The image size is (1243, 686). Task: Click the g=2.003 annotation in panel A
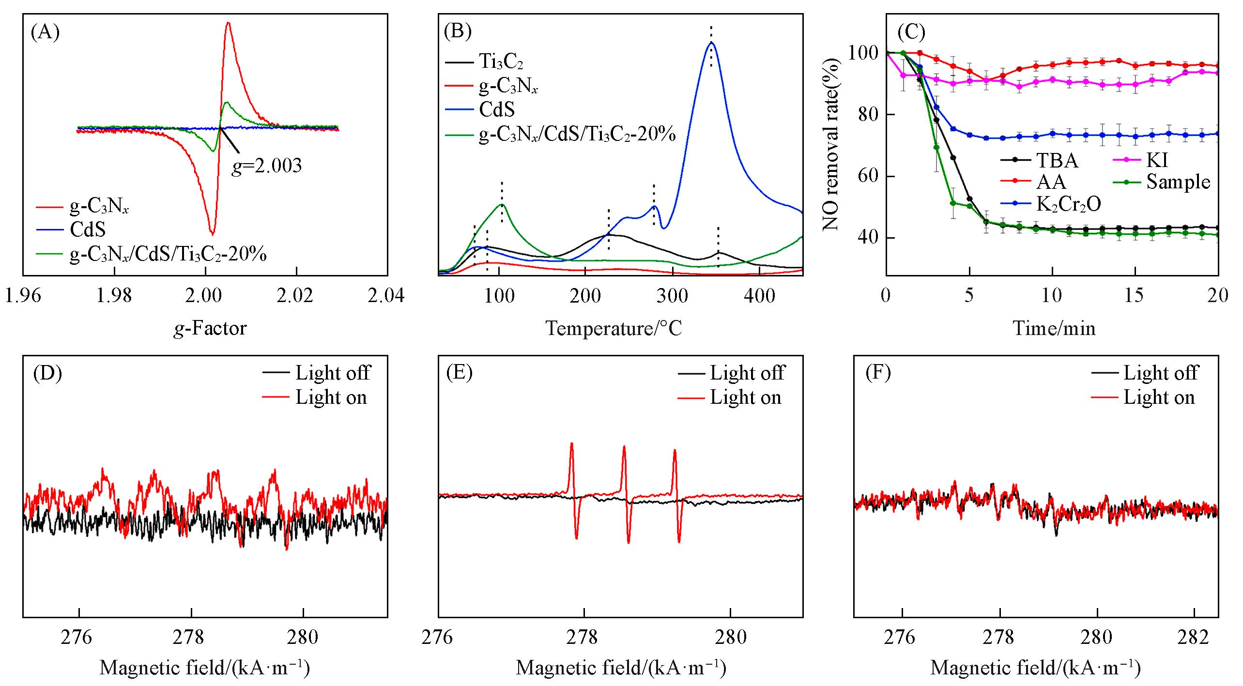(266, 166)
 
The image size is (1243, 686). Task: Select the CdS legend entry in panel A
(87, 229)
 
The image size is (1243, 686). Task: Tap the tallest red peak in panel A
(228, 23)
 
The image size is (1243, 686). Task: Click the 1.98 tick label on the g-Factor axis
(114, 296)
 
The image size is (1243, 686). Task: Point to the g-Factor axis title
(210, 329)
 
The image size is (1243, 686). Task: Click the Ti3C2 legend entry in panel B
(501, 61)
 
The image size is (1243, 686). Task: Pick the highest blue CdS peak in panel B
(711, 43)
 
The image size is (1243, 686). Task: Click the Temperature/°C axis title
(614, 329)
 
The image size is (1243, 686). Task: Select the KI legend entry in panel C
(1157, 160)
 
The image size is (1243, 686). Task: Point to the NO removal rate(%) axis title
(831, 145)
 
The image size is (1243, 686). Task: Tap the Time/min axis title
(1054, 329)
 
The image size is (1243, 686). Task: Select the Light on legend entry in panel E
(745, 398)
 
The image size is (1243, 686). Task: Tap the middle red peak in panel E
(624, 447)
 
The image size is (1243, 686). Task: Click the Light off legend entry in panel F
(1160, 373)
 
